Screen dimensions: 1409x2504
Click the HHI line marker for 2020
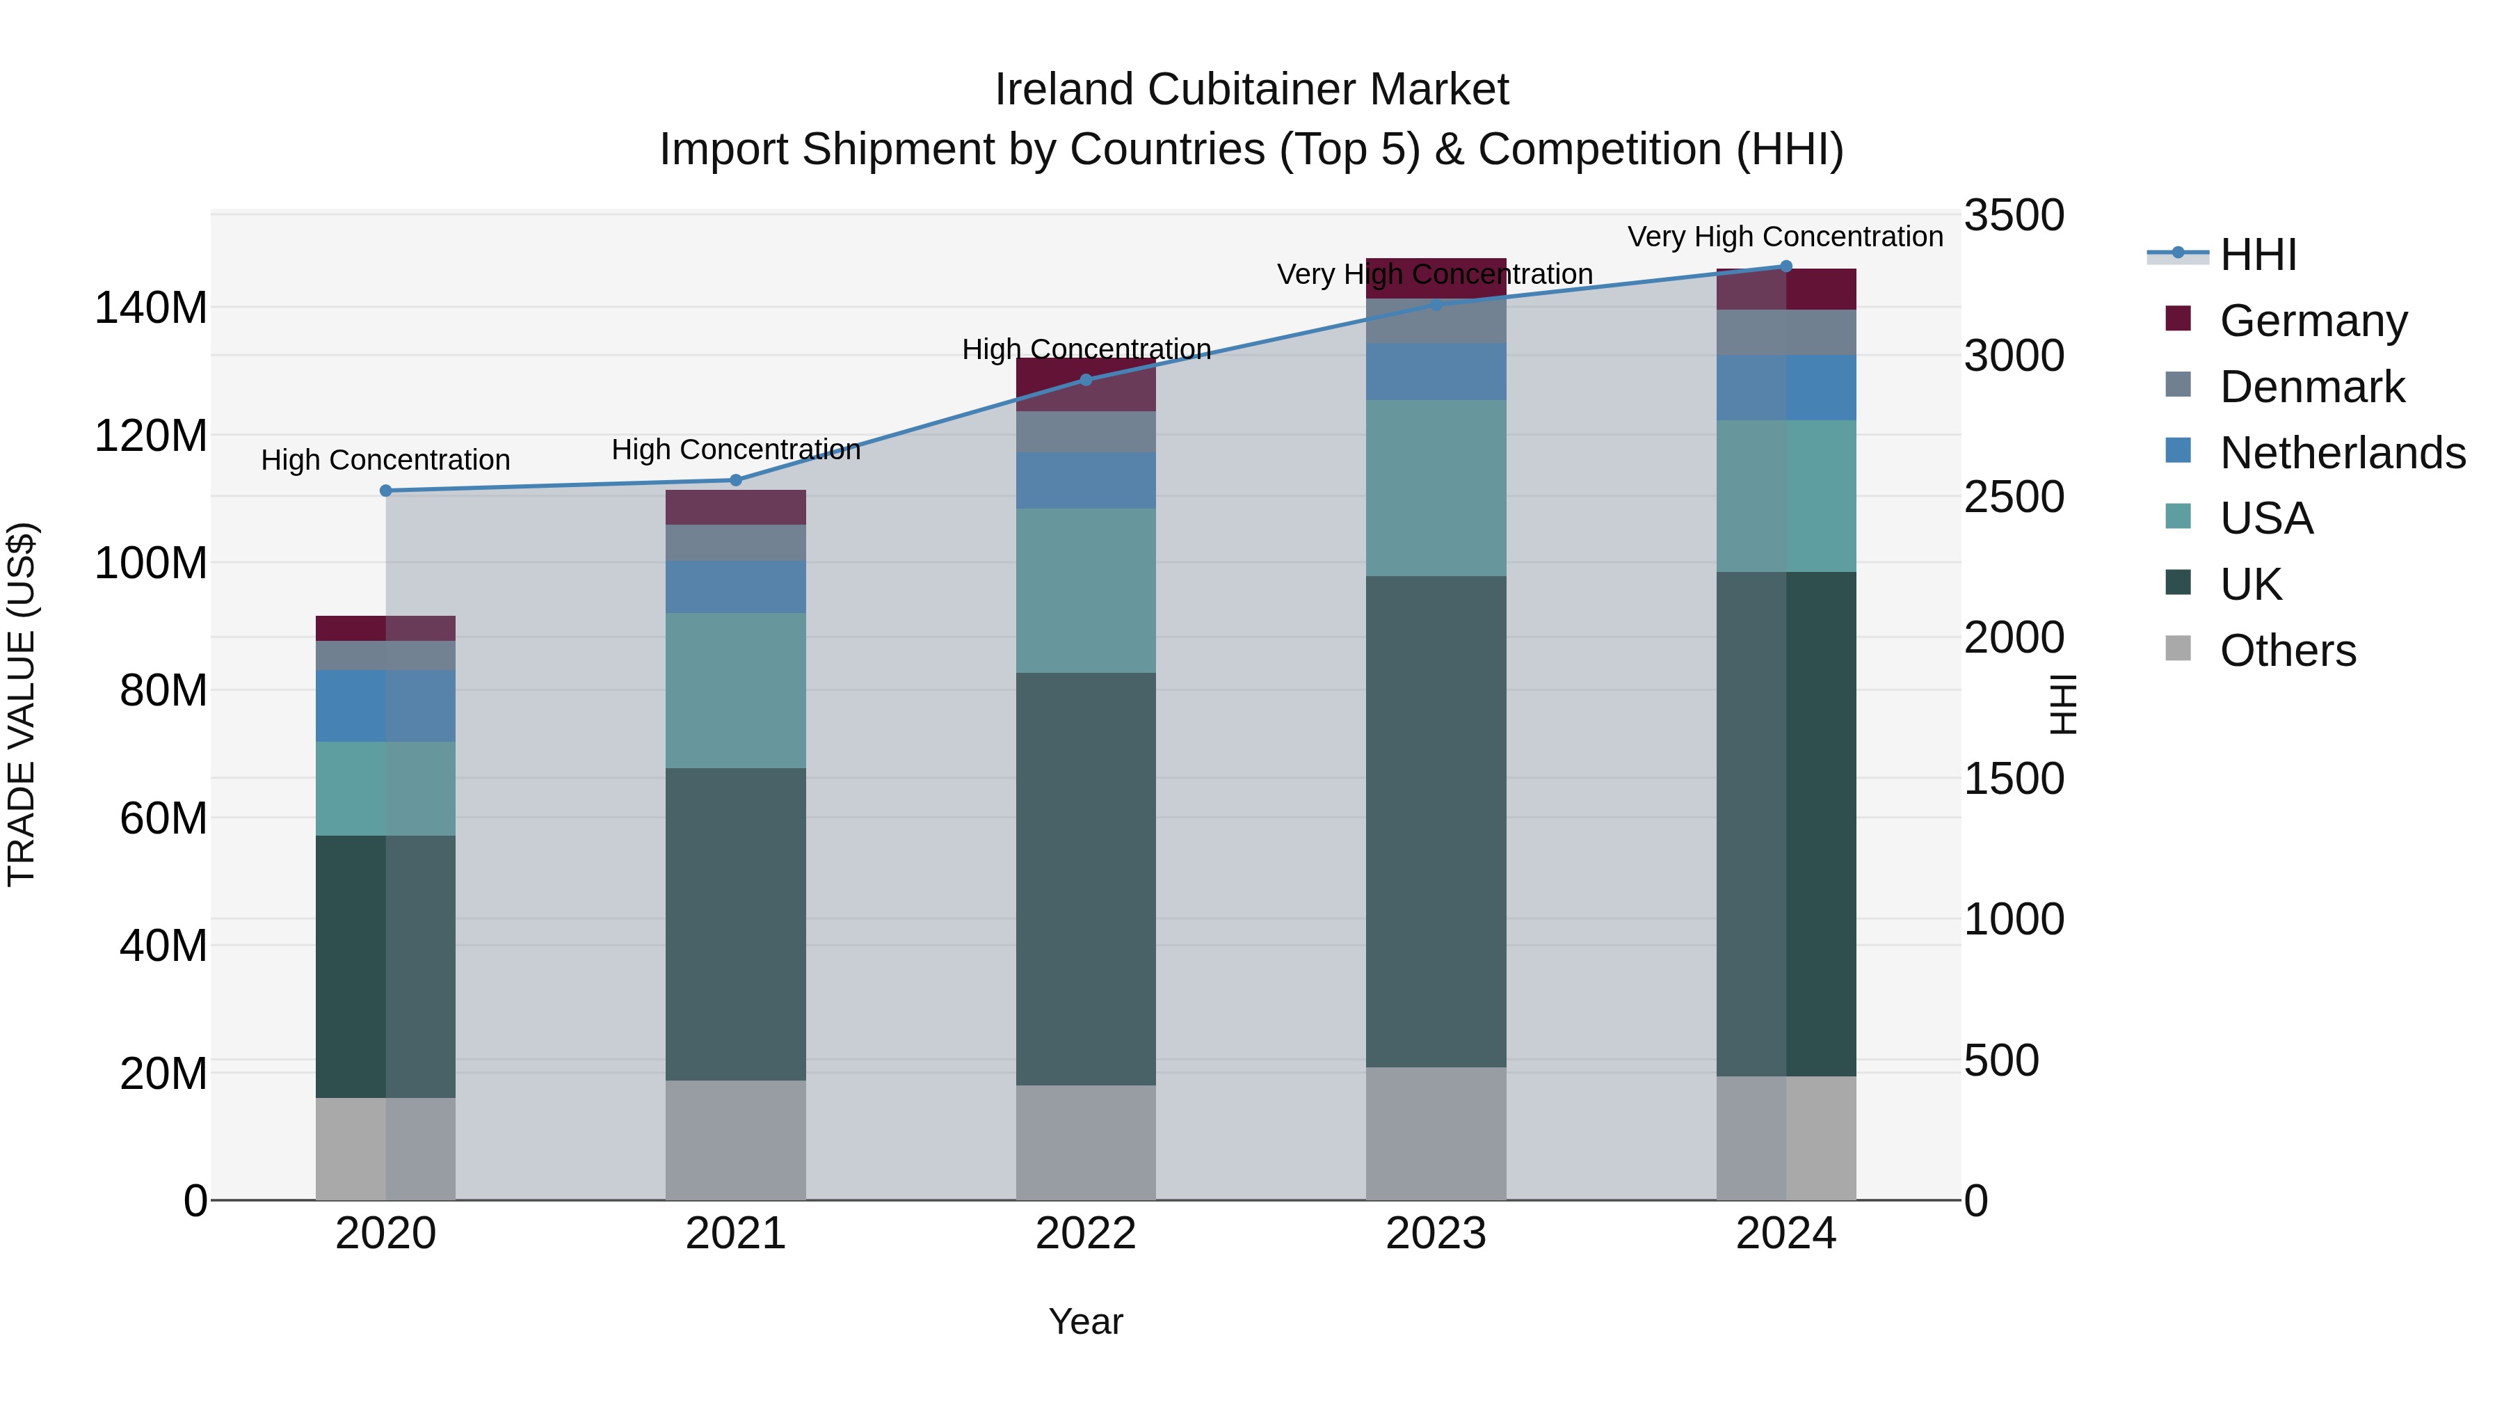tap(386, 491)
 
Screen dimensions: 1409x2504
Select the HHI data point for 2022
tap(1086, 380)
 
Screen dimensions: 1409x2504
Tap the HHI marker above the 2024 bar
tap(1785, 266)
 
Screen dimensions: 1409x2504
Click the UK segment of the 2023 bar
tap(1436, 822)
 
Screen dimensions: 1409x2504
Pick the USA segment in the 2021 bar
tap(736, 690)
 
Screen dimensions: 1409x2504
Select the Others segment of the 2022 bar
tap(1086, 1143)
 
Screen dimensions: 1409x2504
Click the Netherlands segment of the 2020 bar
tap(386, 706)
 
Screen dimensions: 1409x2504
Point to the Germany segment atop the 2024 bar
tap(1785, 289)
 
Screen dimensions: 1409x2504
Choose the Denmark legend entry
tap(2311, 387)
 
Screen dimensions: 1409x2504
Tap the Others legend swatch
tap(2178, 648)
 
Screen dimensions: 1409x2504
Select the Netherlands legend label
tap(2343, 453)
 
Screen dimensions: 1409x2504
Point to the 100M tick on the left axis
tap(151, 563)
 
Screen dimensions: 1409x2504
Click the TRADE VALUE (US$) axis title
tap(22, 704)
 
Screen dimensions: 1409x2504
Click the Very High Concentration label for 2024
tap(1785, 237)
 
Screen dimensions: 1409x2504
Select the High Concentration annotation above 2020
tap(386, 460)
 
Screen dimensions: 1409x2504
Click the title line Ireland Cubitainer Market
tap(1251, 90)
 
